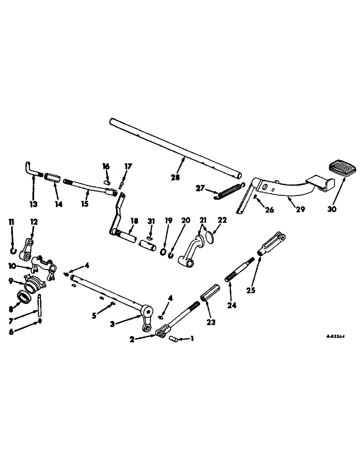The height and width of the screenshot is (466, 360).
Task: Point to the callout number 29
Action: point(300,209)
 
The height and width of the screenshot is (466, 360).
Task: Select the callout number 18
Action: point(134,221)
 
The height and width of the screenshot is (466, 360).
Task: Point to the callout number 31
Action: point(150,221)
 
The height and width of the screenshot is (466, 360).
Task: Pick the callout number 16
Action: point(106,166)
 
